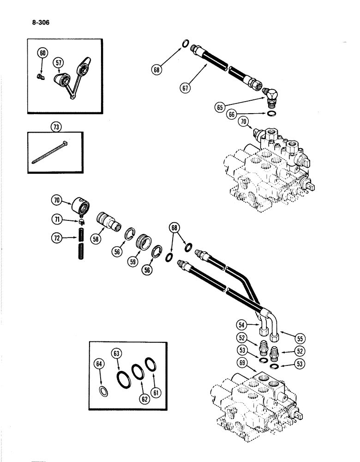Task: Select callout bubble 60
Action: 42,54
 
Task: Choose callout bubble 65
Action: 220,107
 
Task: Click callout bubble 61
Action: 158,393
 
